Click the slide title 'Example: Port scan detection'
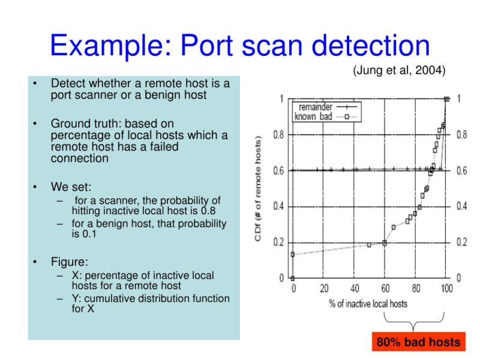(239, 46)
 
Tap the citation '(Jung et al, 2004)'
(399, 70)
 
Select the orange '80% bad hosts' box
(418, 343)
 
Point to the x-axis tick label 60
(385, 288)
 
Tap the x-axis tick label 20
(324, 288)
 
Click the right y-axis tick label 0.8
(461, 135)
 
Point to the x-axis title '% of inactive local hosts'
(368, 303)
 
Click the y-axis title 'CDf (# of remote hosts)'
(259, 188)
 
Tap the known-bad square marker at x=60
(385, 242)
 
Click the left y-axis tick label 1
(281, 99)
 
